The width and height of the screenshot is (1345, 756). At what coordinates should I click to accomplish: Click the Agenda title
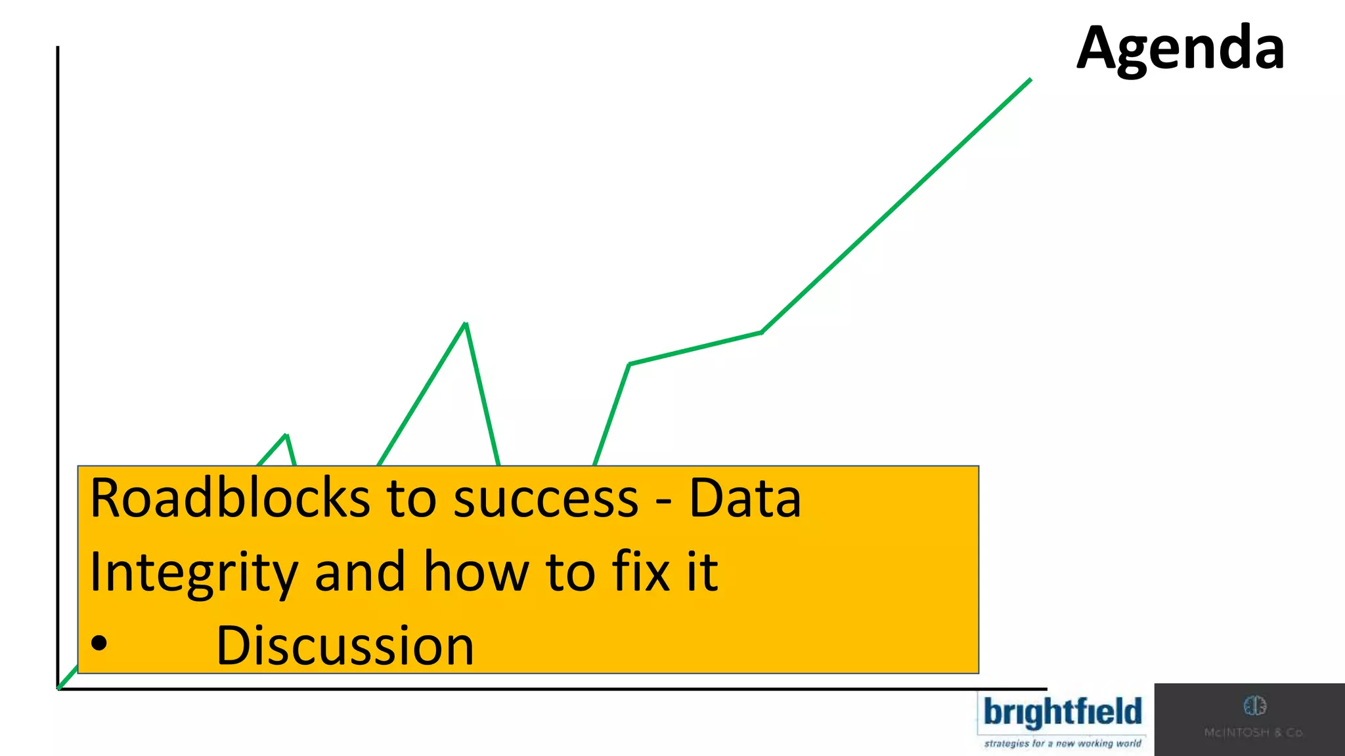click(1180, 49)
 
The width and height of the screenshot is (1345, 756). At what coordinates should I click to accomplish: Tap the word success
click(546, 499)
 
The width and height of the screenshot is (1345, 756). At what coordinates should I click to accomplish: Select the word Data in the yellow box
click(745, 499)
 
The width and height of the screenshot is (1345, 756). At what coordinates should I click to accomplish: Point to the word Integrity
click(194, 572)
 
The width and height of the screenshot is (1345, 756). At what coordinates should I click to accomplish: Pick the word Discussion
click(345, 646)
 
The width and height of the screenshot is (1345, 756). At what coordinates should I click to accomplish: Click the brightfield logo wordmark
click(1063, 713)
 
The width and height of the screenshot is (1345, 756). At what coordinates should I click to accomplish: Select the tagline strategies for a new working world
click(1063, 744)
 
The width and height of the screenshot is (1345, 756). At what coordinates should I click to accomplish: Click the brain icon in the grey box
click(1254, 706)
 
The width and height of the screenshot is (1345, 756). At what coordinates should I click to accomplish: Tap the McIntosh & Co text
click(1253, 732)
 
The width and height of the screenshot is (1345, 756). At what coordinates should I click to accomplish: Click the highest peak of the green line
click(1030, 80)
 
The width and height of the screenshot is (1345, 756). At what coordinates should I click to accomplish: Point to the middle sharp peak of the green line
click(466, 324)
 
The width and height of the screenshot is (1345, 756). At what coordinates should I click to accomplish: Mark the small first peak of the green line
click(286, 435)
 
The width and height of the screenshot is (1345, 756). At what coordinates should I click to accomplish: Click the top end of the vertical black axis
click(58, 48)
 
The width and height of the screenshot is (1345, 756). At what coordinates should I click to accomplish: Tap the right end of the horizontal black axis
click(1045, 689)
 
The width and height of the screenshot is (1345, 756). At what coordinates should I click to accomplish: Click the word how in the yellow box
click(475, 572)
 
